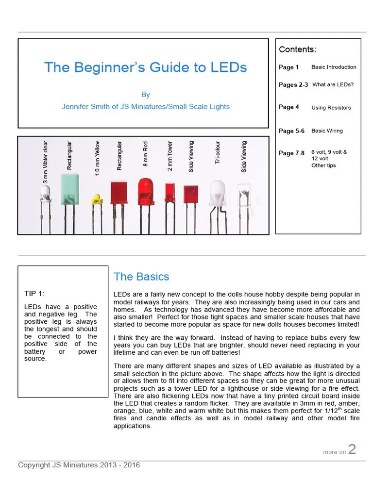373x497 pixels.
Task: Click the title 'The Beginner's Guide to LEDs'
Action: (145, 67)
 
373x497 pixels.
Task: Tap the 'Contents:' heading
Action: (297, 50)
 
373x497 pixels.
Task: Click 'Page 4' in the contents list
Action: (289, 107)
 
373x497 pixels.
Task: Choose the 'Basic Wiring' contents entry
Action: (327, 131)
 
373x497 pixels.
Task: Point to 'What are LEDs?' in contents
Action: (333, 84)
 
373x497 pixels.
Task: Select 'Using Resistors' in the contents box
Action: (331, 108)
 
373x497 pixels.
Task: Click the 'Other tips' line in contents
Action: (323, 166)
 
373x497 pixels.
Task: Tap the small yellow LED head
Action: (96, 198)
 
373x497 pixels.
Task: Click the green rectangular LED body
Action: (70, 189)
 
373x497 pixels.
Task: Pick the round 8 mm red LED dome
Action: (145, 188)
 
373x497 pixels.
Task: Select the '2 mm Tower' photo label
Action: (170, 157)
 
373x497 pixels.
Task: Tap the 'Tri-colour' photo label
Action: (218, 152)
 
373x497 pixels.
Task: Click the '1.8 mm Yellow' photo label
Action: (97, 158)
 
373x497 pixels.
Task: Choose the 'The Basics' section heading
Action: (141, 277)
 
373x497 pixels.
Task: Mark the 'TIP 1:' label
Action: (34, 293)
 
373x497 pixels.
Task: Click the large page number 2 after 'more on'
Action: (352, 449)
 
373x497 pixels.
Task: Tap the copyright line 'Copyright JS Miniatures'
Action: (79, 465)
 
